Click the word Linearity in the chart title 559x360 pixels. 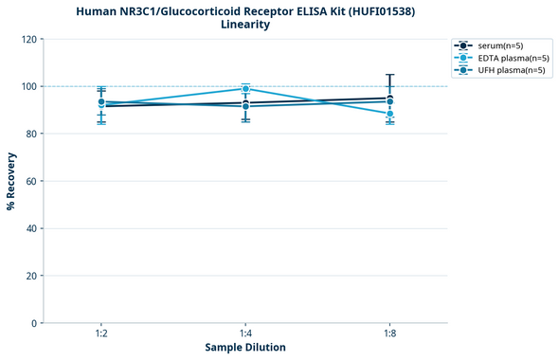click(245, 25)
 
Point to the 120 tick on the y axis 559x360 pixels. click(27, 39)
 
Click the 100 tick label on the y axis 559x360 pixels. click(27, 86)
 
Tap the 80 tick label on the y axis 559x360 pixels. click(30, 134)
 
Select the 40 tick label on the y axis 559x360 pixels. click(30, 228)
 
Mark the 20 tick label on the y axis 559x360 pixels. click(30, 276)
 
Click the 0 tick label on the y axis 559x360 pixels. click(33, 323)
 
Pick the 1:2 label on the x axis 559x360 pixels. click(101, 333)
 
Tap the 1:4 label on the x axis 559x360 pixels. click(245, 333)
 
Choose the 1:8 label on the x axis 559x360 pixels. click(389, 333)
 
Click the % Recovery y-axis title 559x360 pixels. click(10, 181)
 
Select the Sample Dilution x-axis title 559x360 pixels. click(245, 348)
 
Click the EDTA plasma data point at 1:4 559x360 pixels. click(245, 89)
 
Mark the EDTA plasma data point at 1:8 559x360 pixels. click(389, 114)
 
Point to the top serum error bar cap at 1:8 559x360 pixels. click(389, 75)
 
